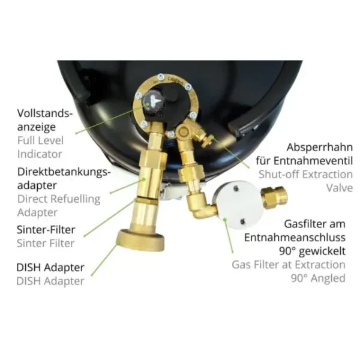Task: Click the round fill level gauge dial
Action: click(x=152, y=101)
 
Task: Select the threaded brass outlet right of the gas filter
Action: click(x=275, y=197)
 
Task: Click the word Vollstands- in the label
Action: click(x=45, y=113)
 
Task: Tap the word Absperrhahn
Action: click(x=320, y=147)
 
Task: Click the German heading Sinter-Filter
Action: click(x=46, y=229)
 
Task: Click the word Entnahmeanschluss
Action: click(x=295, y=238)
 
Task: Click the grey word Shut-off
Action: click(x=277, y=175)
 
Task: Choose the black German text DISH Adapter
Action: click(x=50, y=268)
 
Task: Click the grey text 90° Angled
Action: click(x=318, y=278)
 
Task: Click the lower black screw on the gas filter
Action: click(x=242, y=222)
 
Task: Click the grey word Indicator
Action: click(x=40, y=154)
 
